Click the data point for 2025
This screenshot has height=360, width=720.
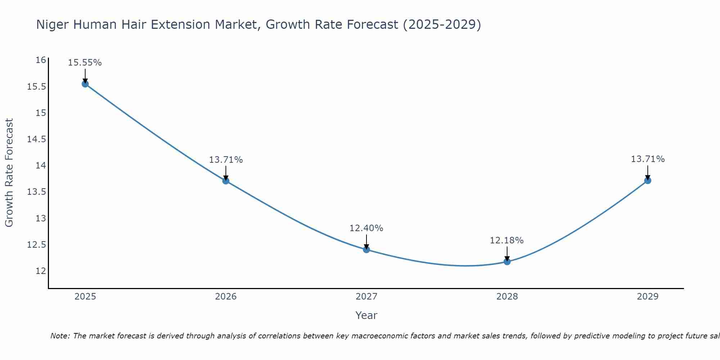point(85,84)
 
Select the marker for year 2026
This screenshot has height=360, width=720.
point(226,181)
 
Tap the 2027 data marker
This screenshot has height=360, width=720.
point(366,249)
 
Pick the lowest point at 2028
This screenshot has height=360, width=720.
point(507,261)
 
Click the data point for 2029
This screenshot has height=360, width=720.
point(648,180)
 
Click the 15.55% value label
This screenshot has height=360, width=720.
point(85,63)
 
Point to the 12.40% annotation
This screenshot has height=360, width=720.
point(366,228)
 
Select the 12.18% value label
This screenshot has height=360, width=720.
point(507,240)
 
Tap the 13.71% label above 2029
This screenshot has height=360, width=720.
point(648,159)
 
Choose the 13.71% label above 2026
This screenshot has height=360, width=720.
point(226,160)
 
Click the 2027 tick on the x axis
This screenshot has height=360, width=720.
point(366,297)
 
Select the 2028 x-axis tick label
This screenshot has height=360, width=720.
point(507,297)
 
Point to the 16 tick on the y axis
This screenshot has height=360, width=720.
point(41,60)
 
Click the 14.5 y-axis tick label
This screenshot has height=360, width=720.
point(37,139)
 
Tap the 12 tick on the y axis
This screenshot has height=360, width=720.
point(41,271)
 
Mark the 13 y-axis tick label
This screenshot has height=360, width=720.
point(41,218)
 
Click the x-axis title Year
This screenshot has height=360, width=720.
point(366,315)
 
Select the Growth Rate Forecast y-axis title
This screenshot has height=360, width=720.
point(9,173)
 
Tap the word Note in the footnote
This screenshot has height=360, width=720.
point(60,336)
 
